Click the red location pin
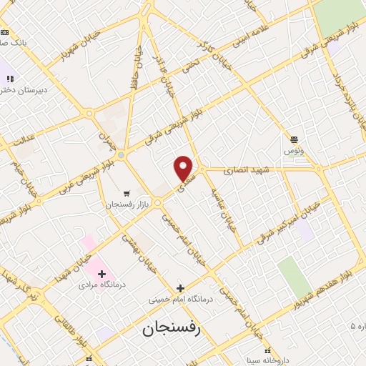point(184,167)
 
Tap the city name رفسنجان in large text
point(173,329)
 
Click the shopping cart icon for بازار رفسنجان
point(127,193)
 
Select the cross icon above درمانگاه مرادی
point(102,273)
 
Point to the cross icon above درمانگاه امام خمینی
point(180,287)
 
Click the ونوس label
point(294,151)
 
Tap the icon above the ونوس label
point(294,139)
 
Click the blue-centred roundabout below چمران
point(122,155)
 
